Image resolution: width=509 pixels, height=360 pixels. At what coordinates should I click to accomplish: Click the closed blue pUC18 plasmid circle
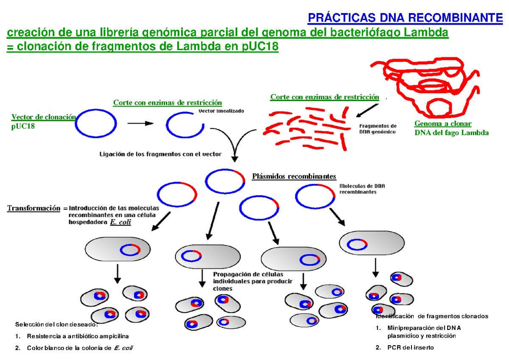tap(96, 124)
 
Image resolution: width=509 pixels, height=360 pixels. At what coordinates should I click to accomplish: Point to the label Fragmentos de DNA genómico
tap(378, 129)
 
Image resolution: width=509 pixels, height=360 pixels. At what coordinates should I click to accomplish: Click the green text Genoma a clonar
tap(442, 124)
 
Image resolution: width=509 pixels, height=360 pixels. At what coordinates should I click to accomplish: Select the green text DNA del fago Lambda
tap(451, 133)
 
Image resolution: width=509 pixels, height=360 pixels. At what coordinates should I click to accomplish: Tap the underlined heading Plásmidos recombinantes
tap(294, 177)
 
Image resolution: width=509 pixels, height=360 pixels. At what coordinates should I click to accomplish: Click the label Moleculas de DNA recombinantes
tap(362, 189)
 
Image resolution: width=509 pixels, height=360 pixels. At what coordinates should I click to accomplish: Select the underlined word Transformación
tap(34, 208)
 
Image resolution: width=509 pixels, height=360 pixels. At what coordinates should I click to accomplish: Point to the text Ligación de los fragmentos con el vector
tap(160, 155)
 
